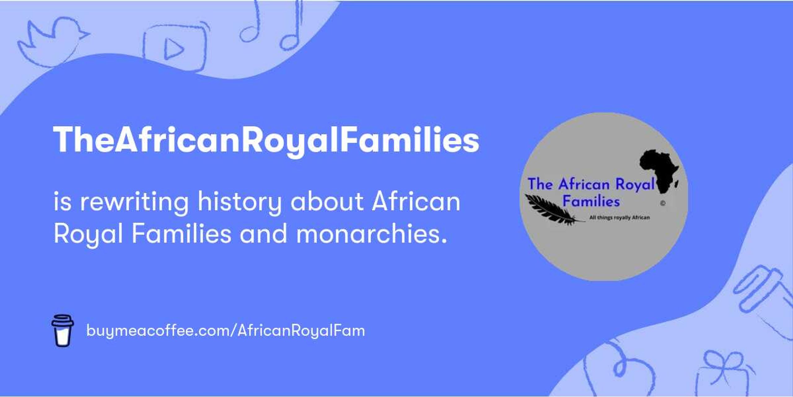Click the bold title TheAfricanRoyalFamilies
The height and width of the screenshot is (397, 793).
(266, 140)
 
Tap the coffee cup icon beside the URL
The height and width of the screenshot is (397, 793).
(62, 331)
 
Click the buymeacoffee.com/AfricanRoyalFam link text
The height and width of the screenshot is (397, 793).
(226, 331)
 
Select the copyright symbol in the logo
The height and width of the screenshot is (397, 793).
(663, 203)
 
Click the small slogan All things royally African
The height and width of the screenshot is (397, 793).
(620, 217)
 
